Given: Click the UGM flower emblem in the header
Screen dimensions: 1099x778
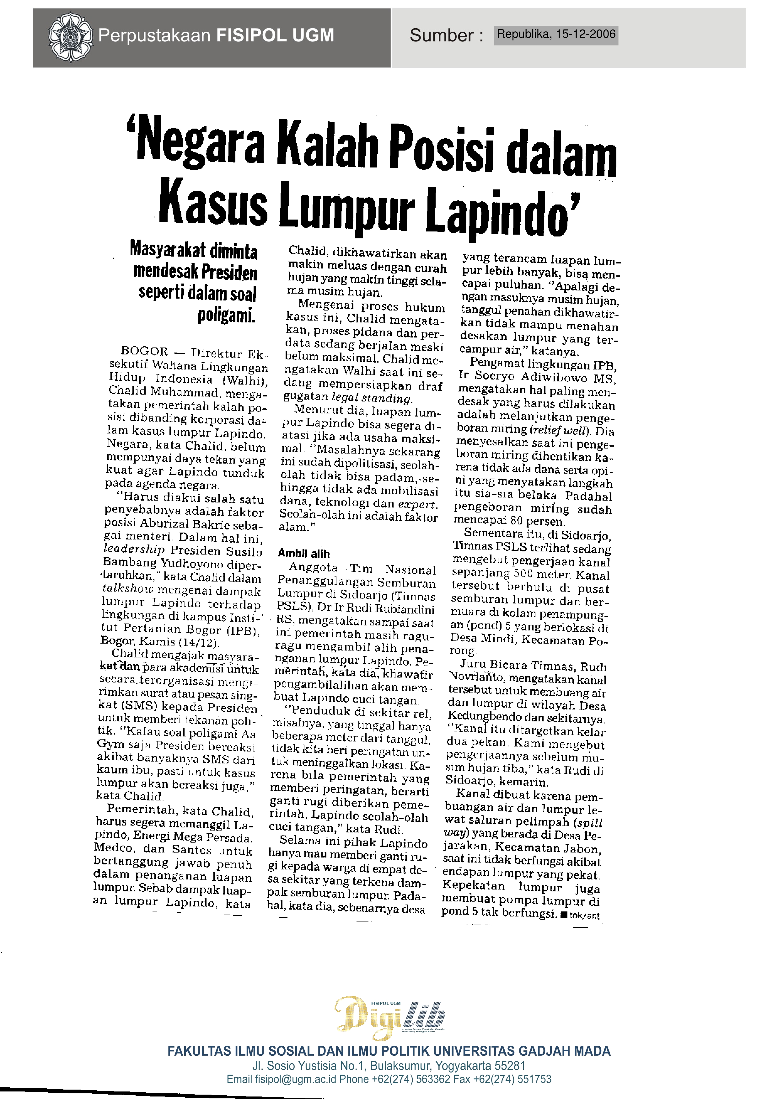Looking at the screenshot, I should click(70, 37).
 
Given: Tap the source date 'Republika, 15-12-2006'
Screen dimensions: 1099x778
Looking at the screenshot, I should click(556, 35).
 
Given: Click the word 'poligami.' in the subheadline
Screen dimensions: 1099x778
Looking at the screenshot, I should click(226, 315).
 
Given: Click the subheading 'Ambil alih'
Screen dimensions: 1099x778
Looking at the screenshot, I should click(304, 553).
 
